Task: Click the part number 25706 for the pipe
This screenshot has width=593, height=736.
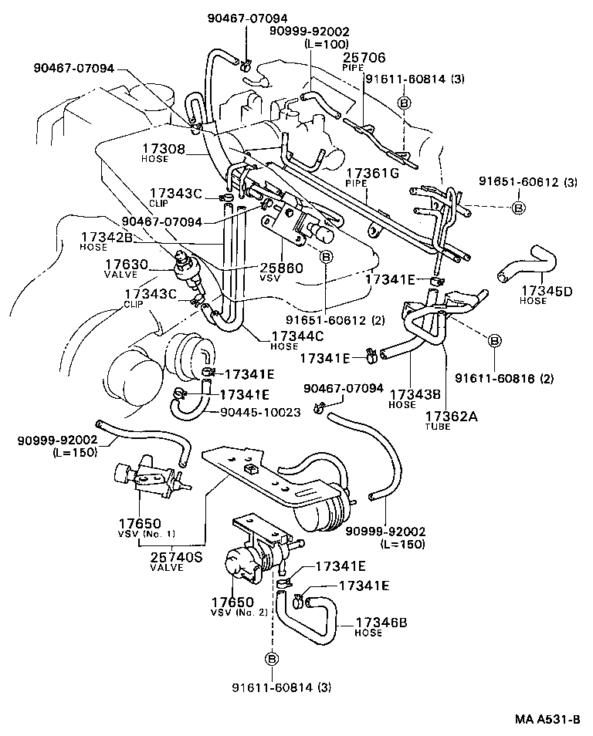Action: point(364,57)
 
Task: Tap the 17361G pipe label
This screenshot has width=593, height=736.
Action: point(371,174)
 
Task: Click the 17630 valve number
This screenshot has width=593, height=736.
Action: point(127,264)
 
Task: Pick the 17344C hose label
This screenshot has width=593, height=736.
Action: point(297,336)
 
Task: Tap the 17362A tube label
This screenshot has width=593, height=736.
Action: point(451,417)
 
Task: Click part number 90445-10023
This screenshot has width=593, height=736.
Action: point(260,412)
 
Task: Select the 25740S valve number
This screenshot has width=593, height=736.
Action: point(177,555)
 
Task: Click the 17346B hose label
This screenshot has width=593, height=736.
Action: point(381,621)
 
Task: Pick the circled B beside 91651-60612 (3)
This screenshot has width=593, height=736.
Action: point(519,208)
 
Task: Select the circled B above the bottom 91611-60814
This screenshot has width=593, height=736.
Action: point(271,657)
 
